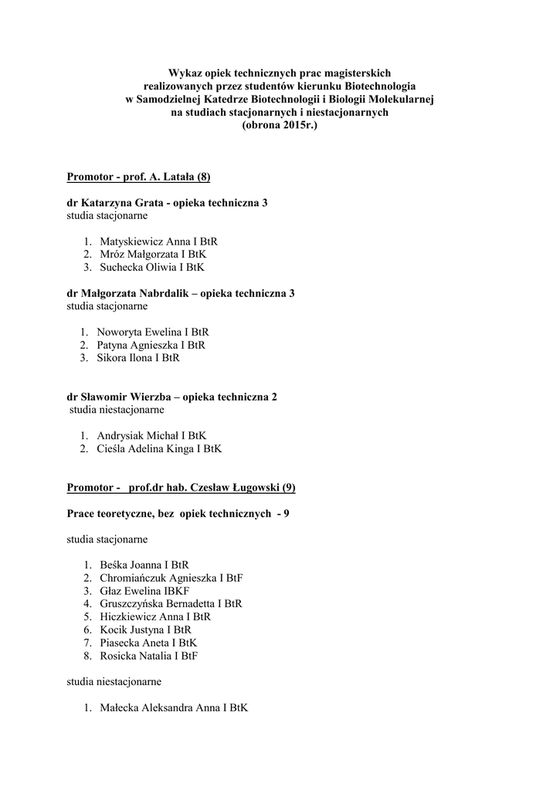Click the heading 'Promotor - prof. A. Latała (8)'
[x=138, y=177]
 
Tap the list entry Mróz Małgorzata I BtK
[x=153, y=254]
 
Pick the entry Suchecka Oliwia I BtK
[x=152, y=267]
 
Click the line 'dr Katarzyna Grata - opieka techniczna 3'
[x=168, y=203]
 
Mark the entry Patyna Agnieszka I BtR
[x=151, y=345]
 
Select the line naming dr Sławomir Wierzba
[x=172, y=397]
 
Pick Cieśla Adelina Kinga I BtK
[x=160, y=448]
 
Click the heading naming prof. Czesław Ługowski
[x=181, y=488]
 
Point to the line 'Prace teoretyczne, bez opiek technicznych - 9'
[x=178, y=513]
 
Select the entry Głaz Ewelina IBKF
[x=144, y=591]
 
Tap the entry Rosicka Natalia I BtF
[x=148, y=656]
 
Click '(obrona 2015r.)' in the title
[x=280, y=124]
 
